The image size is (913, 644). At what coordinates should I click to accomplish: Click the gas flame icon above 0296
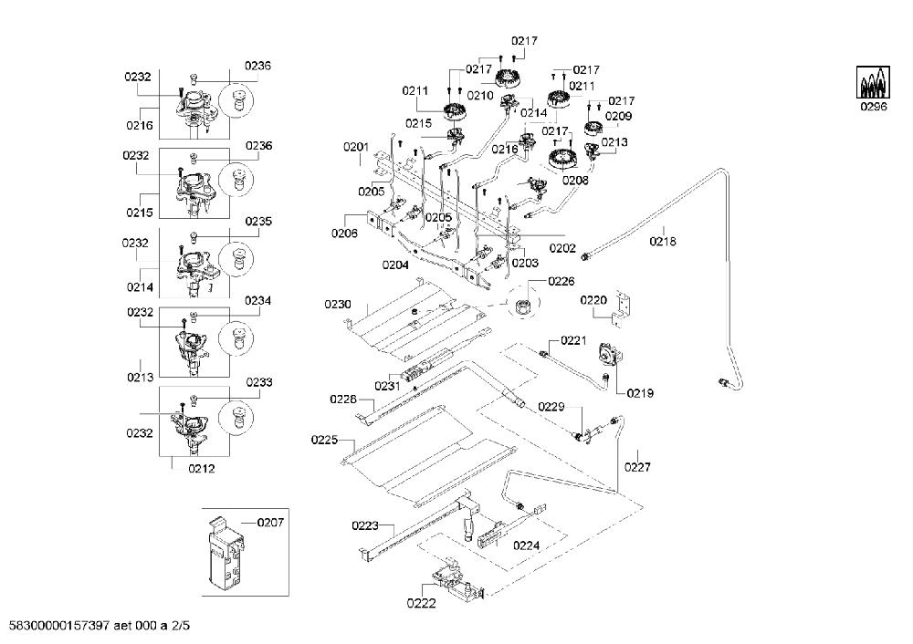click(x=874, y=82)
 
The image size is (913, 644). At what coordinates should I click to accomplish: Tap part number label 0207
click(x=270, y=523)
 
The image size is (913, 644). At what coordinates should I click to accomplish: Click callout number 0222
click(x=421, y=603)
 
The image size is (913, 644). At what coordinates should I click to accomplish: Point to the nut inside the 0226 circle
click(x=523, y=305)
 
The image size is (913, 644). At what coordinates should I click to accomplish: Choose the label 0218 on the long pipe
click(x=663, y=241)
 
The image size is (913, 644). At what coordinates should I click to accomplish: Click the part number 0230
click(x=338, y=305)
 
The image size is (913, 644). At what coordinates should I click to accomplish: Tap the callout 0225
click(x=324, y=440)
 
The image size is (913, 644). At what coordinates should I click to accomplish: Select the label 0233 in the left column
click(x=259, y=382)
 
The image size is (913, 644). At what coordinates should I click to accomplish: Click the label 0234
click(x=258, y=301)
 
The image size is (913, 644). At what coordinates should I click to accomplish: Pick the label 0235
click(x=258, y=222)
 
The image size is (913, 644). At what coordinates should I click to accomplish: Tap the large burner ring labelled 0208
click(x=561, y=158)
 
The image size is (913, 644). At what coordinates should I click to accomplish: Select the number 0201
click(x=356, y=147)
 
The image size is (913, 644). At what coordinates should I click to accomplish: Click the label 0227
click(x=637, y=466)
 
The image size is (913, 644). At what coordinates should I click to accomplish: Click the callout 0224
click(x=527, y=545)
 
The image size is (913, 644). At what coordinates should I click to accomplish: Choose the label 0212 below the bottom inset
click(x=202, y=469)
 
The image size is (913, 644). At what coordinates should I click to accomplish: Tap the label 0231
click(x=388, y=386)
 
